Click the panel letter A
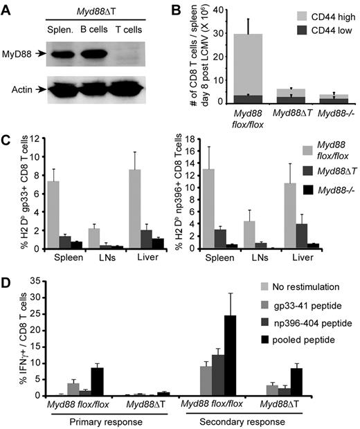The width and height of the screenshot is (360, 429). coord(8,8)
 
